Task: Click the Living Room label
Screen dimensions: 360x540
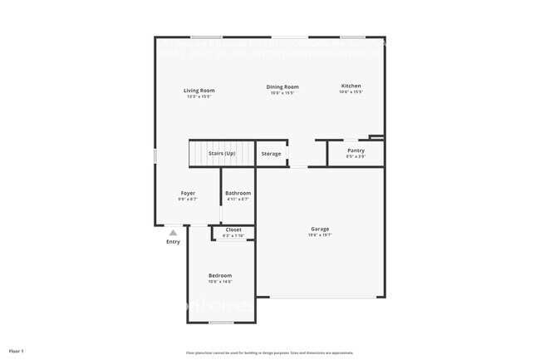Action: click(x=199, y=90)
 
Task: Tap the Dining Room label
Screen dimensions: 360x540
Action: click(x=282, y=86)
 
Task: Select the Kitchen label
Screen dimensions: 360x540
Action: click(x=351, y=86)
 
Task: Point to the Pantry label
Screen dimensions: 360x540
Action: click(x=356, y=150)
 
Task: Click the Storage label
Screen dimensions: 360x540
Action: click(x=271, y=154)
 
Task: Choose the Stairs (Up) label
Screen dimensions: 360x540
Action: click(x=222, y=154)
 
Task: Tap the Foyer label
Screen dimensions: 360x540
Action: click(x=188, y=193)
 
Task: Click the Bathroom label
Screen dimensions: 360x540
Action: click(x=238, y=193)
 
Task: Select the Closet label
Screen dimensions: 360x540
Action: click(x=233, y=229)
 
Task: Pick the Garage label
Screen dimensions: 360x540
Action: click(x=320, y=229)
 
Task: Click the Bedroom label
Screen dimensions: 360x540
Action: click(x=220, y=275)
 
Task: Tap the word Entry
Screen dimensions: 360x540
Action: click(x=173, y=242)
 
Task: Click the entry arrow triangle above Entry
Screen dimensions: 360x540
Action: click(x=173, y=233)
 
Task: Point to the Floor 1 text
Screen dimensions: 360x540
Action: click(x=17, y=351)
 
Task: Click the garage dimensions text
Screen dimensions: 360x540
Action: click(x=320, y=235)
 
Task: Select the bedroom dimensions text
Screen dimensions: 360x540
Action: click(x=220, y=282)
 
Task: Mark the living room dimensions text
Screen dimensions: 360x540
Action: click(x=199, y=96)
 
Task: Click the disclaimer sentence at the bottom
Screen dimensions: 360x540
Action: click(x=270, y=352)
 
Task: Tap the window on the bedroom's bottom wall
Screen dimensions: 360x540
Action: click(x=220, y=323)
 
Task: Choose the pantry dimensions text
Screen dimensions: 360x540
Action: click(x=356, y=157)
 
